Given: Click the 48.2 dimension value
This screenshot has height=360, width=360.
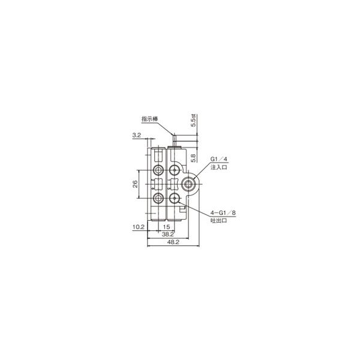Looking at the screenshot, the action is click(173, 242).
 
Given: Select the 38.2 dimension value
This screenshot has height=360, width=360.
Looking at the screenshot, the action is click(168, 234).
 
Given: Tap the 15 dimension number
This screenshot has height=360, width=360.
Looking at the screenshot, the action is click(166, 227).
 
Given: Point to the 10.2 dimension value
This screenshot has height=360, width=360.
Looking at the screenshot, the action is click(139, 227).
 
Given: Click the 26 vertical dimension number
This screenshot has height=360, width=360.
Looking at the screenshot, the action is click(135, 184).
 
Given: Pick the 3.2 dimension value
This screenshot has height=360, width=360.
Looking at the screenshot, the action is click(137, 135).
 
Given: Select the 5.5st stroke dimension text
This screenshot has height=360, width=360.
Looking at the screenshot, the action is click(193, 121).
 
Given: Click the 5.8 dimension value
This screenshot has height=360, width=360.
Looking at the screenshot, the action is click(193, 158).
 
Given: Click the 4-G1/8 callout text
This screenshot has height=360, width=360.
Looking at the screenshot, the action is click(223, 213).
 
